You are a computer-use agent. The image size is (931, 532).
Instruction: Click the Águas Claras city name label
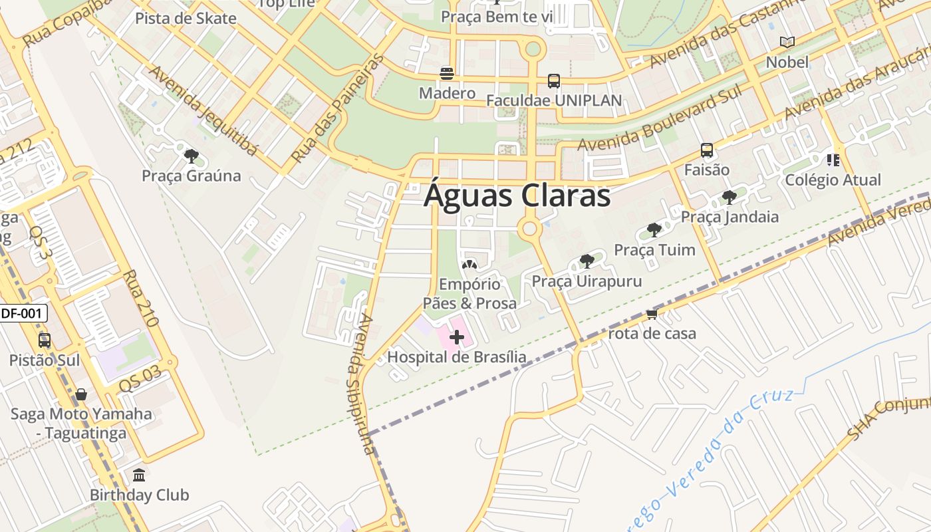click(517, 196)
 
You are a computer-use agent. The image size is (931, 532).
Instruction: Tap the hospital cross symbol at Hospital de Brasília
click(457, 338)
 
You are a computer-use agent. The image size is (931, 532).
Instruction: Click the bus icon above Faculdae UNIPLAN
click(553, 81)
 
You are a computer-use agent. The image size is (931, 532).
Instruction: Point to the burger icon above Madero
click(447, 73)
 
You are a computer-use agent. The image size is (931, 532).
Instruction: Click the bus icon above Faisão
click(707, 150)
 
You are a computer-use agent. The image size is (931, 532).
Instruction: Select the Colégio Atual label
click(833, 180)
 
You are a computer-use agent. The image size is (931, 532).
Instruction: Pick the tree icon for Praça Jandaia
click(730, 198)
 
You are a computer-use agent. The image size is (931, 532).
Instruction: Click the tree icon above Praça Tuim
click(654, 231)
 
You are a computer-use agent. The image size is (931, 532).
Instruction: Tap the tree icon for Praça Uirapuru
click(587, 261)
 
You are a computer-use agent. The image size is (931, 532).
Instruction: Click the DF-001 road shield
click(23, 313)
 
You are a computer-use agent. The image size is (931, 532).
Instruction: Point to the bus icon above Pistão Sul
click(45, 340)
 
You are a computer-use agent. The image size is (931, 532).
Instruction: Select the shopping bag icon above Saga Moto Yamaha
click(81, 394)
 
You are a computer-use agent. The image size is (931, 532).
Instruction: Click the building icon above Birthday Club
click(139, 475)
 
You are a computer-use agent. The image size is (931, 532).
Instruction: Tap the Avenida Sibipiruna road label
click(363, 384)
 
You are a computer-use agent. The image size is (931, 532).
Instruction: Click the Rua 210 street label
click(140, 298)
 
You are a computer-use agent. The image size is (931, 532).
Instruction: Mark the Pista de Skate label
click(186, 19)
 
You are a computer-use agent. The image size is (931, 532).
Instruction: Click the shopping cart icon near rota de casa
click(652, 314)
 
